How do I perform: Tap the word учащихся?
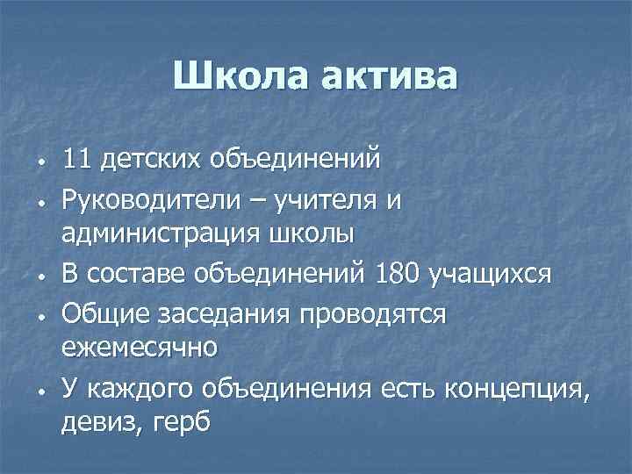pyautogui.click(x=490, y=275)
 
